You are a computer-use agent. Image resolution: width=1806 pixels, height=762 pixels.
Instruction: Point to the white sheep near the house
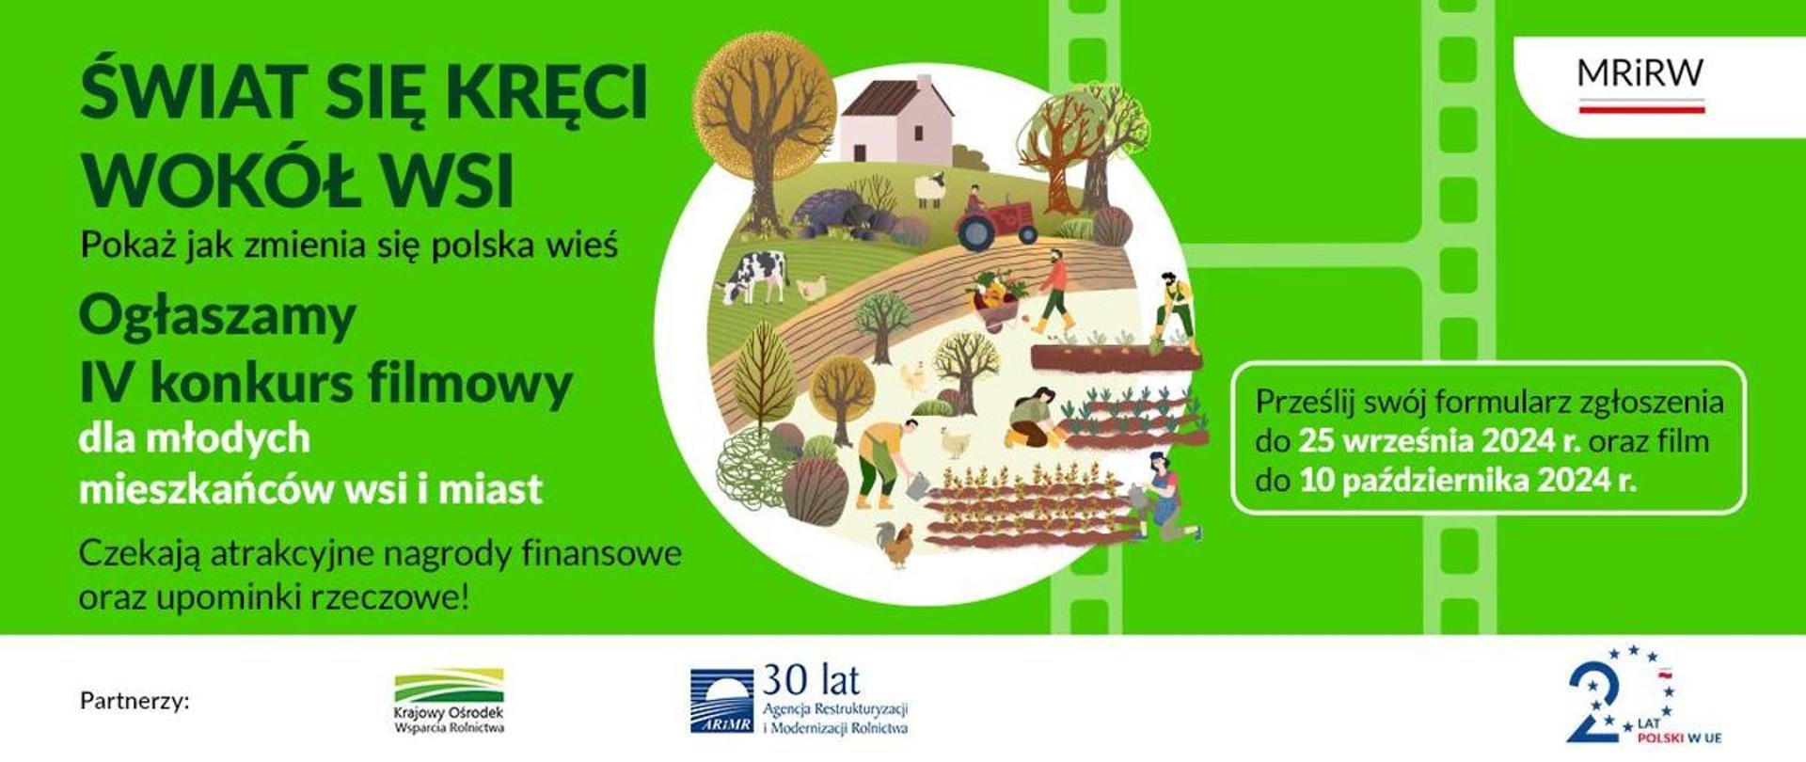click(x=930, y=189)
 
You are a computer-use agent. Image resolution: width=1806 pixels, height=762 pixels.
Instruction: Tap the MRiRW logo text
click(x=1640, y=74)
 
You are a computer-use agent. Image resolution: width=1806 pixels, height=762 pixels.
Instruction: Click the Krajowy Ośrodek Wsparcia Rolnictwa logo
click(x=449, y=701)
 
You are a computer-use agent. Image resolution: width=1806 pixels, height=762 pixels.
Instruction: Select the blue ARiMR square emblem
click(x=721, y=701)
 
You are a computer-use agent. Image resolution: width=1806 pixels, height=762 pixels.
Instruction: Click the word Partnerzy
click(x=135, y=702)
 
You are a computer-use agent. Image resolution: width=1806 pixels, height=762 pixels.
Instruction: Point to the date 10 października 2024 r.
click(x=1467, y=482)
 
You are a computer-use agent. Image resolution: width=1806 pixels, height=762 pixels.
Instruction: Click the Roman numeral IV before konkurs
click(x=109, y=383)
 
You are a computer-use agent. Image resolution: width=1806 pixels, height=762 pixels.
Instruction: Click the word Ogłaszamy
click(x=217, y=317)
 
